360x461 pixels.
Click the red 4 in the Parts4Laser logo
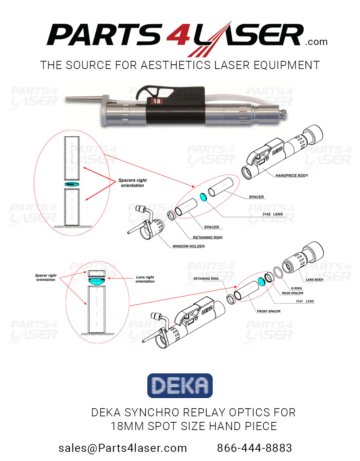(x=178, y=35)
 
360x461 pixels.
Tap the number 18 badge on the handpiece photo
(x=156, y=101)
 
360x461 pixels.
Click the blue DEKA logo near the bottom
(x=180, y=386)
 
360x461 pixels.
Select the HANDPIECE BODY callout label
(x=291, y=175)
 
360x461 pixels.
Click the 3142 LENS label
(x=272, y=214)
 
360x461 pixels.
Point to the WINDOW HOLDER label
(x=188, y=246)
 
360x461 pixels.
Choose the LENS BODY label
(x=314, y=280)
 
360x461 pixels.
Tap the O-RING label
(x=296, y=288)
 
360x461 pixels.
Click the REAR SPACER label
(x=292, y=293)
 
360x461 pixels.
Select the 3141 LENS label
(x=305, y=301)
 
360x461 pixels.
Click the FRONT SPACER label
(x=269, y=311)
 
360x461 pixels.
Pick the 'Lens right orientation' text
(x=145, y=279)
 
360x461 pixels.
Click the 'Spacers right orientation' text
(x=133, y=183)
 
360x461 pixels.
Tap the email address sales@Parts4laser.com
(x=123, y=448)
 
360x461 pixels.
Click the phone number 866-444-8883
(x=255, y=448)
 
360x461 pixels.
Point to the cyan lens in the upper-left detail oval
(x=72, y=184)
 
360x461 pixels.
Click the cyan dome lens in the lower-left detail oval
(x=97, y=281)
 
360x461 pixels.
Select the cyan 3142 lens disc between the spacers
(x=203, y=197)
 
